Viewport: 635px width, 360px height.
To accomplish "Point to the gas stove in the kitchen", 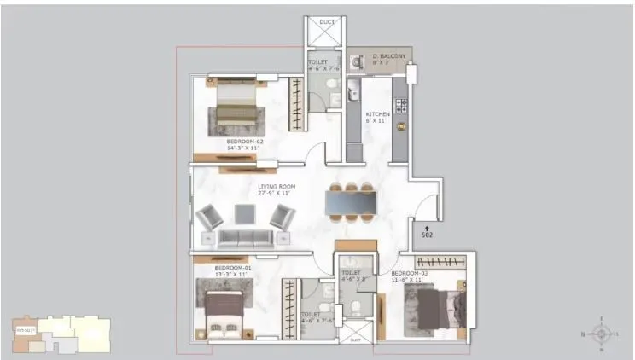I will (399, 106).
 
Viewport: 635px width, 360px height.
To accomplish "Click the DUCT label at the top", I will (327, 22).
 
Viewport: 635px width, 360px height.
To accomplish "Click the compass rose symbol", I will (603, 333).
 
